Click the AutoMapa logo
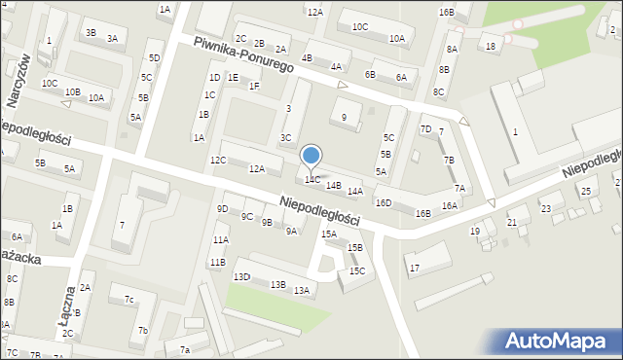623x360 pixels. (x=556, y=341)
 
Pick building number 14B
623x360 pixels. (x=334, y=185)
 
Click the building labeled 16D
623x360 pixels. (x=384, y=202)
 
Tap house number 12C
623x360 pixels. (x=218, y=160)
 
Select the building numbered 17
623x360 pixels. (x=414, y=268)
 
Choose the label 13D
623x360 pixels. (x=241, y=277)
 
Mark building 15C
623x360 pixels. (x=357, y=270)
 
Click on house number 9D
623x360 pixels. (x=223, y=208)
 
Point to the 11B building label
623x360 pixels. (x=216, y=262)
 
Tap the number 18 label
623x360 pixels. (x=491, y=46)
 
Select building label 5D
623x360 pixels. (x=154, y=58)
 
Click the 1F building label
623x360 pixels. (x=254, y=86)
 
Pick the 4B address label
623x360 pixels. (x=308, y=58)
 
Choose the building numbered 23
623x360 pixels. (x=546, y=208)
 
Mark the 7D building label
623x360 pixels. (x=425, y=129)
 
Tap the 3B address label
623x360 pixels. (x=91, y=32)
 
